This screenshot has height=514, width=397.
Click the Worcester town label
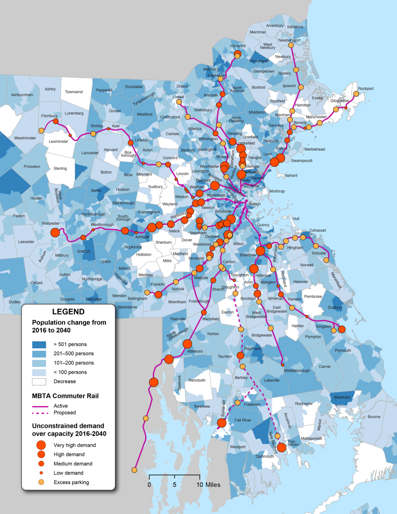click(x=51, y=224)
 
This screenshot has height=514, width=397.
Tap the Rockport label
click(x=365, y=89)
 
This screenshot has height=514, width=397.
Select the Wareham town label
click(x=343, y=398)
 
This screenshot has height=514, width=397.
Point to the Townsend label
click(x=74, y=92)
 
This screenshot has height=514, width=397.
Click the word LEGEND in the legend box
click(x=68, y=312)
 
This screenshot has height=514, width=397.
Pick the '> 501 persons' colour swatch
click(x=39, y=344)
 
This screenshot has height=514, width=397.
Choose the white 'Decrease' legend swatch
click(x=39, y=381)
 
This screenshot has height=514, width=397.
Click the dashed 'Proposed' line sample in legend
click(x=40, y=413)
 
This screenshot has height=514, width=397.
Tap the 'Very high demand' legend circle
click(x=41, y=445)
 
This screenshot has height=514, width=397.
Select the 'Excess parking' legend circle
click(x=41, y=482)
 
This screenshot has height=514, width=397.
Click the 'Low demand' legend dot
click(x=41, y=473)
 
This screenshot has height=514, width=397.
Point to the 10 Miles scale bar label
click(x=209, y=485)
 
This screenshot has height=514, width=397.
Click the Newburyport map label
click(x=289, y=40)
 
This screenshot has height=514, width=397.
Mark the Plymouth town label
click(x=343, y=351)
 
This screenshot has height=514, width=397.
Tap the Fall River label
click(x=243, y=420)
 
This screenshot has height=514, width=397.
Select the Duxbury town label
click(x=335, y=308)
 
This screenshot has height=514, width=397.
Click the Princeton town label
click(x=32, y=167)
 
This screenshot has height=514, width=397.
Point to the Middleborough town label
click(x=297, y=370)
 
